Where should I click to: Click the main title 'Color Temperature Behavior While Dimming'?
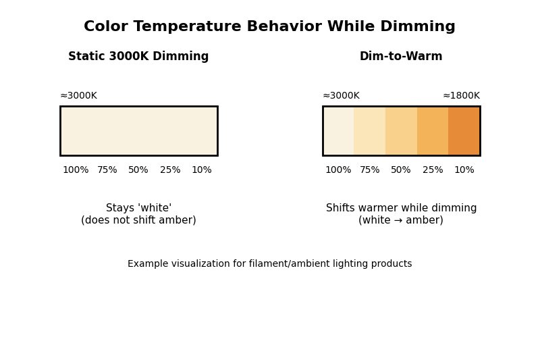[269, 27]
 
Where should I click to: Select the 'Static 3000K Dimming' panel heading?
[138, 57]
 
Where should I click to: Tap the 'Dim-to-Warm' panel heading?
[401, 57]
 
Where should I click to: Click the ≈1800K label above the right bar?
[461, 96]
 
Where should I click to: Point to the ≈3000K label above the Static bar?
[78, 96]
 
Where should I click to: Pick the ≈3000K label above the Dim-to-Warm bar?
[341, 96]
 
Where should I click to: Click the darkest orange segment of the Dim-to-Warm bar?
[464, 130]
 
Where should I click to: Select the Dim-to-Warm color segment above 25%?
[433, 130]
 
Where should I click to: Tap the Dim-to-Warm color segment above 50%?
[401, 130]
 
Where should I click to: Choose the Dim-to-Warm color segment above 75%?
[370, 130]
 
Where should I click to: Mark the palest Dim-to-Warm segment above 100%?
[339, 130]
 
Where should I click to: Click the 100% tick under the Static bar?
[76, 170]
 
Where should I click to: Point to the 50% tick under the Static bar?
[138, 170]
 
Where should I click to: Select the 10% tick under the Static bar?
[202, 170]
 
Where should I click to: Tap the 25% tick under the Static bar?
[170, 170]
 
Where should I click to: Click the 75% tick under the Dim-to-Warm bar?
[370, 170]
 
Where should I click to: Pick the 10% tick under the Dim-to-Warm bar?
[464, 170]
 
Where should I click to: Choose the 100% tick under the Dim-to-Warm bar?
[338, 170]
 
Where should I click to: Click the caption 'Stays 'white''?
[138, 209]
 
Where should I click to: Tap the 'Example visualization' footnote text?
[269, 264]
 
